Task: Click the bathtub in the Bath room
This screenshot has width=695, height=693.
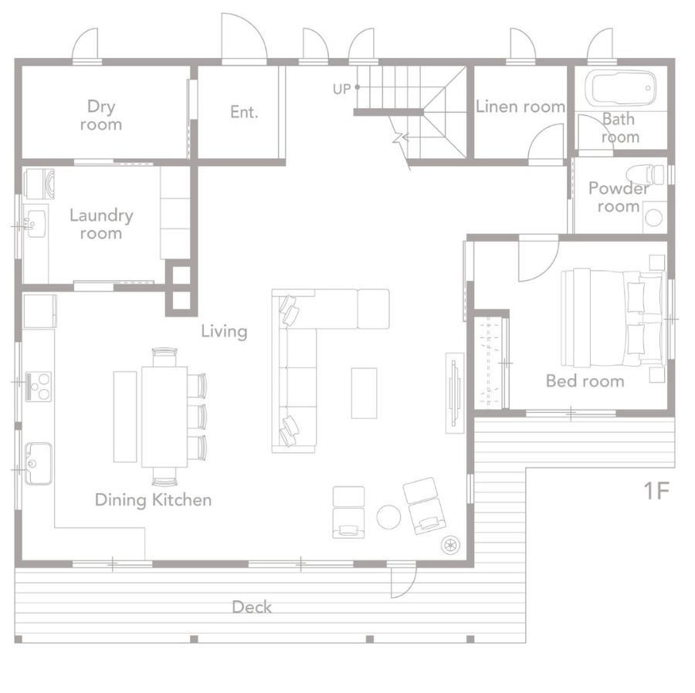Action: click(x=620, y=88)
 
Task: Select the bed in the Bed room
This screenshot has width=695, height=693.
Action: click(x=613, y=318)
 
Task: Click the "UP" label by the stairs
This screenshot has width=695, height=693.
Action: click(x=342, y=89)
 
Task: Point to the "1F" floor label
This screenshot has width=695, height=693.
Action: click(x=656, y=491)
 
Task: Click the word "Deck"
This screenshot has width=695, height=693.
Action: click(x=251, y=607)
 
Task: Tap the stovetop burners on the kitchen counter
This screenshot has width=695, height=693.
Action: click(x=38, y=387)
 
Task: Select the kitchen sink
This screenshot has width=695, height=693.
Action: click(x=38, y=463)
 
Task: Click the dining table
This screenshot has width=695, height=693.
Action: click(x=164, y=416)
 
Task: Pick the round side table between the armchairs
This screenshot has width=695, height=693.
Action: click(x=388, y=517)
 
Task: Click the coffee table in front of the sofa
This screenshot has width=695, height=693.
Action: click(x=364, y=393)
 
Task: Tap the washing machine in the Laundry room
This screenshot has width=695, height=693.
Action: click(x=39, y=184)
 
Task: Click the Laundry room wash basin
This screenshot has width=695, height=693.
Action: click(x=35, y=224)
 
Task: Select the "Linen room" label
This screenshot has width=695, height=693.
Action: click(x=520, y=106)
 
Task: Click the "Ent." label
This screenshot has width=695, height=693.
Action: click(x=244, y=112)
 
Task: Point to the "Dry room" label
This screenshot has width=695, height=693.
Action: click(x=101, y=115)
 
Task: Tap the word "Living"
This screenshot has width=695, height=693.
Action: click(x=224, y=331)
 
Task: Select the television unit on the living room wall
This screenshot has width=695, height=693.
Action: click(x=455, y=393)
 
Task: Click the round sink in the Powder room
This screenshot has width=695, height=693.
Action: click(x=654, y=218)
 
